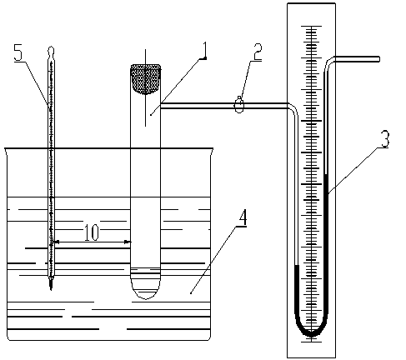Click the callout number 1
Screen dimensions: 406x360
point(204,50)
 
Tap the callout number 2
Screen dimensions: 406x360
point(258,52)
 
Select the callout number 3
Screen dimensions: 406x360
point(385,139)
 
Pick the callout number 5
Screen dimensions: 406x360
point(18,52)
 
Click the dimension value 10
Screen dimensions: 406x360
point(92,232)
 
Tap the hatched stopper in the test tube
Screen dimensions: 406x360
point(146,79)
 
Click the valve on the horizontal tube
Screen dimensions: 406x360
point(239,105)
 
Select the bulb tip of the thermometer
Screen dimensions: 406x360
point(51,284)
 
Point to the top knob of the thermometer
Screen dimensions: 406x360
point(51,50)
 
